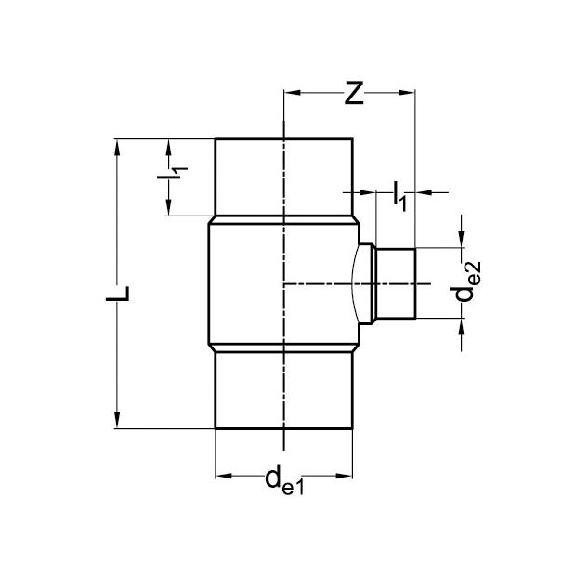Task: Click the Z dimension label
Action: click(354, 93)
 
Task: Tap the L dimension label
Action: click(118, 294)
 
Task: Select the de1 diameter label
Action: click(284, 479)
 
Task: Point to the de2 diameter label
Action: click(465, 281)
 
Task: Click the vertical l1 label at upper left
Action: click(172, 174)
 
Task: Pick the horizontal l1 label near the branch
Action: click(399, 196)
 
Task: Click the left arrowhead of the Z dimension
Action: click(293, 93)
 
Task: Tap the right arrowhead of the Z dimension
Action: click(407, 93)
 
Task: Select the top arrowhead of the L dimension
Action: click(117, 148)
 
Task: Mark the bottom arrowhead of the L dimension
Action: click(117, 420)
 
